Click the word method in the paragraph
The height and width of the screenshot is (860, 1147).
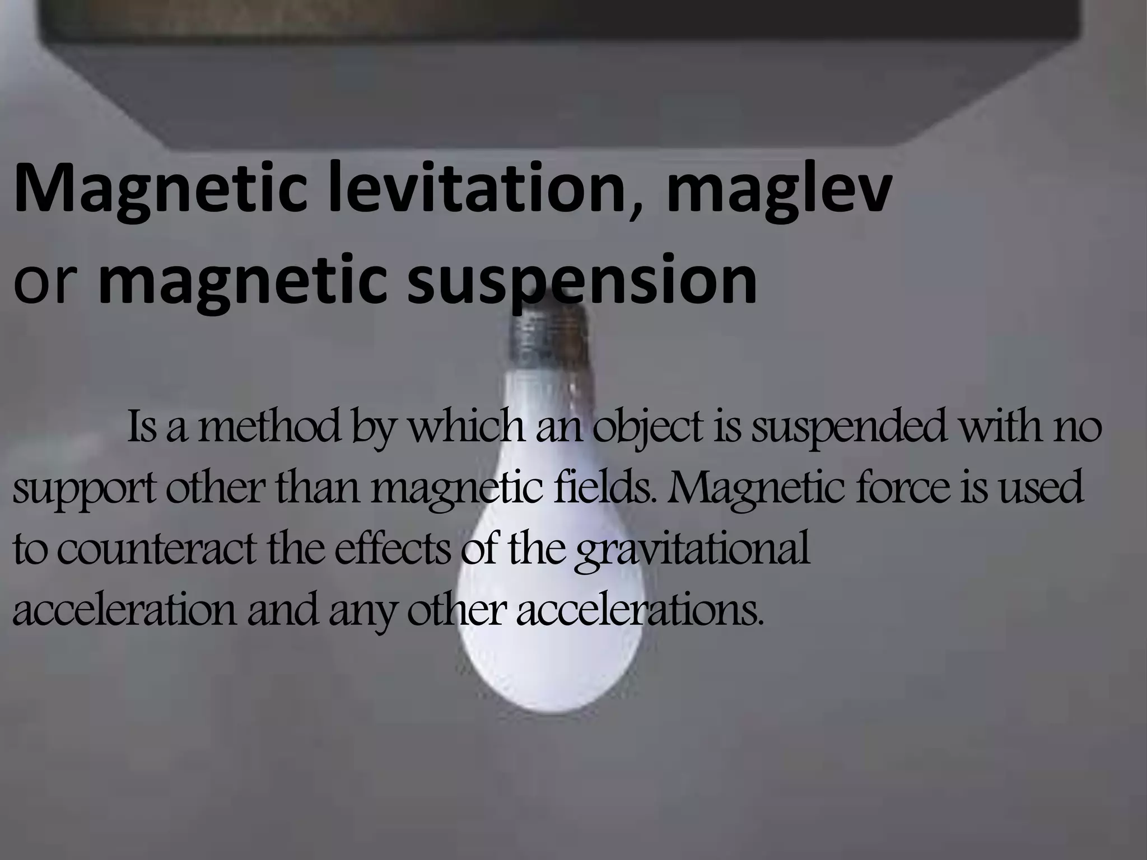click(268, 427)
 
